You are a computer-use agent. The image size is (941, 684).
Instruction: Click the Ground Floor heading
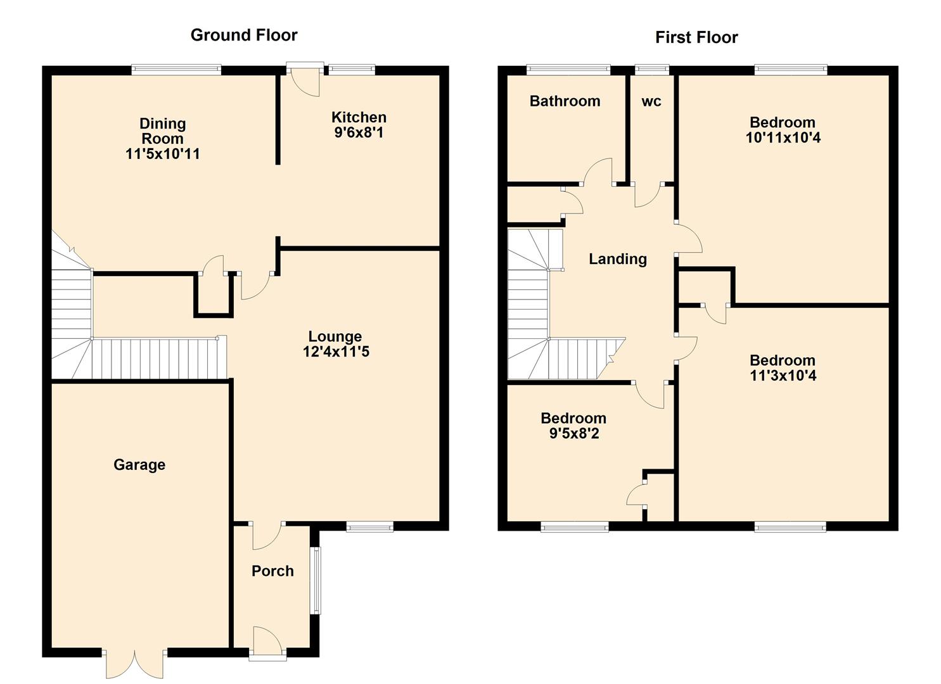tap(244, 35)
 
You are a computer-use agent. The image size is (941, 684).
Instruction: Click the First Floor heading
tap(696, 37)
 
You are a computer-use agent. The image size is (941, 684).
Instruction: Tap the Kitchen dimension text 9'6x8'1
tap(358, 133)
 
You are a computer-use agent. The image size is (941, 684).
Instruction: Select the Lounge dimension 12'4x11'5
tap(336, 351)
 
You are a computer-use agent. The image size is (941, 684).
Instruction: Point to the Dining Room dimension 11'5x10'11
tap(163, 154)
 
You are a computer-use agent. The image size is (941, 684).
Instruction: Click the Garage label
tap(139, 465)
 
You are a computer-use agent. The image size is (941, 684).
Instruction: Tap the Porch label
tap(272, 571)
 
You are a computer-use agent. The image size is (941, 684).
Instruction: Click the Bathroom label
tap(565, 101)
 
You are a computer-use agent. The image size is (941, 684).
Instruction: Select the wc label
tap(651, 101)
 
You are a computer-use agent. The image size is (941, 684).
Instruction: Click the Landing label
tap(618, 259)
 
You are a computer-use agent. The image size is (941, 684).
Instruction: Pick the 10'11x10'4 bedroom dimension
tap(783, 137)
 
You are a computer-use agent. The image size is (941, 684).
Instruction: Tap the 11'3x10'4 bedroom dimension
tap(783, 376)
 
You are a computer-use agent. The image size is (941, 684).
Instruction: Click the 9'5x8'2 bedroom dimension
tap(573, 434)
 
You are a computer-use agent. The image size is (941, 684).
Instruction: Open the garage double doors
tap(134, 662)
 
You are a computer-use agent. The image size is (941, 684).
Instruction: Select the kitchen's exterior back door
tap(304, 79)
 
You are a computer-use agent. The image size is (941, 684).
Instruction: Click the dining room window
tap(176, 70)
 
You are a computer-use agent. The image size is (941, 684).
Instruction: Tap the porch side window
tap(315, 580)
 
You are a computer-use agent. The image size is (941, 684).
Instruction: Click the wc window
tap(651, 70)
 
